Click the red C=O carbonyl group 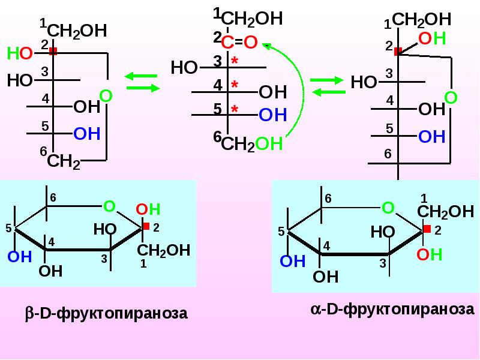click(239, 42)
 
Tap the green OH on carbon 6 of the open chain click(269, 143)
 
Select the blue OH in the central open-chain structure click(273, 115)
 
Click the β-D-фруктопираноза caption click(106, 313)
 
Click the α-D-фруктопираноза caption click(392, 309)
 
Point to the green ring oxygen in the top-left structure click(106, 96)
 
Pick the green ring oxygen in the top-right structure click(451, 98)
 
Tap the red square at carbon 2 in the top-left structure click(53, 51)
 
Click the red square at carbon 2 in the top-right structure click(398, 51)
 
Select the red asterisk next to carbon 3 click(235, 61)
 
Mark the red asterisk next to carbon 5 click(235, 109)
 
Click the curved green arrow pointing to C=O click(303, 92)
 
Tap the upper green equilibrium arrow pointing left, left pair click(141, 76)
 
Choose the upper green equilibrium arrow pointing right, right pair click(327, 80)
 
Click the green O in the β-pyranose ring click(109, 206)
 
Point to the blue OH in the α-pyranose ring click(293, 262)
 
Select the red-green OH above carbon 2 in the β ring click(148, 209)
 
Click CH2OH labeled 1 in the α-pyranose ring click(445, 212)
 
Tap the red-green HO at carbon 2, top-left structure click(20, 53)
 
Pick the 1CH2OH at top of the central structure click(248, 18)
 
